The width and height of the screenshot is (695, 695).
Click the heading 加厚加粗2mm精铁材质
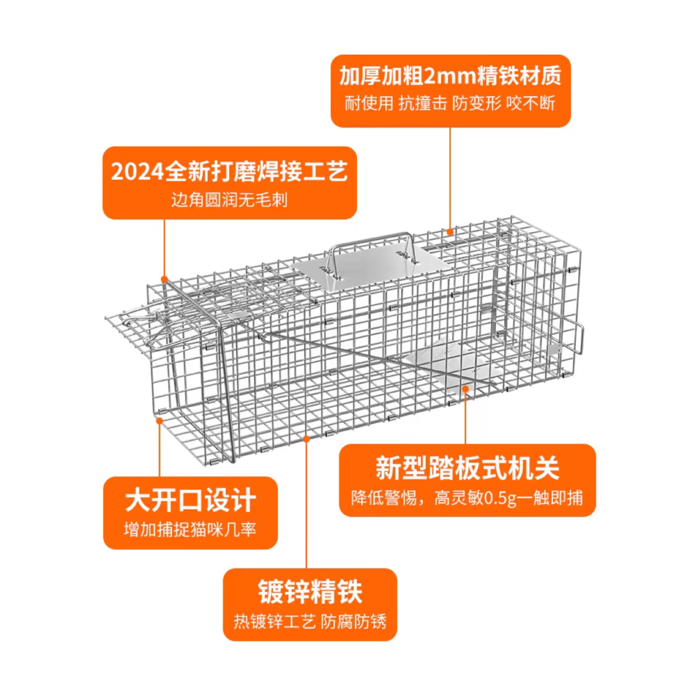click(x=450, y=76)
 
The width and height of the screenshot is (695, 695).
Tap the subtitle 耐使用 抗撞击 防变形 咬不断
click(x=450, y=104)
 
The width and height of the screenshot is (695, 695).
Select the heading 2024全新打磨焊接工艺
click(x=229, y=172)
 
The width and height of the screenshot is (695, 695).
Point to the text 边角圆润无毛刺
click(x=229, y=199)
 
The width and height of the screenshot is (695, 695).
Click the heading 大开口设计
click(x=190, y=501)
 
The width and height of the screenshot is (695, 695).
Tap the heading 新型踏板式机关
click(x=468, y=468)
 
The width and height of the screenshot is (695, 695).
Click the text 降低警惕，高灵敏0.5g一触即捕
click(x=467, y=498)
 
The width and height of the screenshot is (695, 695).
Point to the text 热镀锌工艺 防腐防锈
click(x=310, y=622)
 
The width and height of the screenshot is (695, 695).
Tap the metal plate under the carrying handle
click(x=373, y=270)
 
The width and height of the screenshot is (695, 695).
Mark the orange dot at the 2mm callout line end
click(x=450, y=232)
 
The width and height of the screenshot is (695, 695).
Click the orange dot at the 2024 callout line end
click(x=164, y=279)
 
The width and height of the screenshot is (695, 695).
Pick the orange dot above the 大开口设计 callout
click(x=159, y=421)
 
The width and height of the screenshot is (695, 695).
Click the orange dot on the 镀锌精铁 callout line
click(x=306, y=439)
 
